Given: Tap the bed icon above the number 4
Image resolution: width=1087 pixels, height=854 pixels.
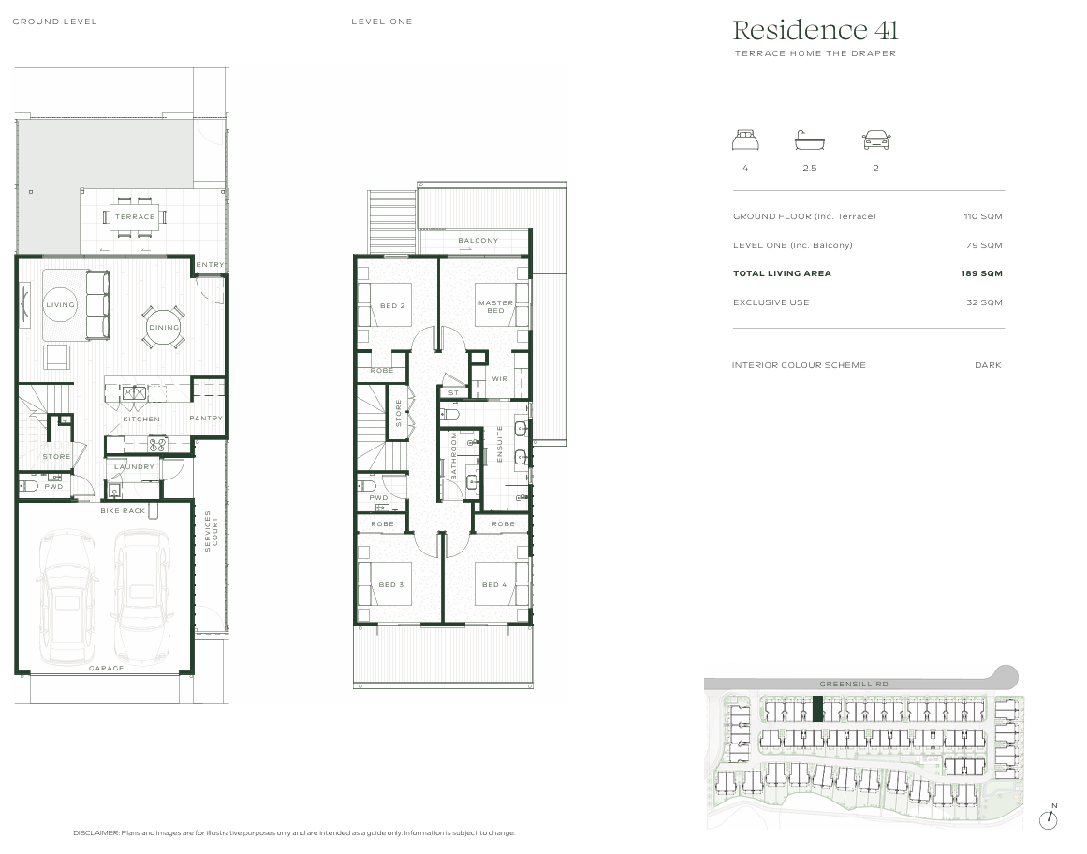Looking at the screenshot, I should (745, 140).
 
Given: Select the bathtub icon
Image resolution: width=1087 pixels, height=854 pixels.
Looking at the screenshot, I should (810, 141).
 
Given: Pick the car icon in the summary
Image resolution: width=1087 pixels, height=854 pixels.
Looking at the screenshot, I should (876, 140).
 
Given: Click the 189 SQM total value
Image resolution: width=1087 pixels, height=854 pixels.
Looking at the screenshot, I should (984, 273).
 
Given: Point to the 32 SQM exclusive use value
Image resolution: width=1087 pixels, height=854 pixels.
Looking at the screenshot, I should (984, 302).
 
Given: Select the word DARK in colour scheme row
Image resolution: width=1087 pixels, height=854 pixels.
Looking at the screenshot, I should (988, 365).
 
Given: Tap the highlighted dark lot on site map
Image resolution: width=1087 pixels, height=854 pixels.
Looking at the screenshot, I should (816, 709).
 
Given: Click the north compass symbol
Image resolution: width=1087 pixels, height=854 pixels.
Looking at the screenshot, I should (1050, 819).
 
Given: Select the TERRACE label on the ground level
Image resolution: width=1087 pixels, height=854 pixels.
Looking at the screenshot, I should (135, 216).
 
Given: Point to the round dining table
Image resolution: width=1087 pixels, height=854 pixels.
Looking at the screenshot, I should (164, 327).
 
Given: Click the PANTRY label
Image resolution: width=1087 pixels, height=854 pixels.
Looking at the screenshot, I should (206, 419).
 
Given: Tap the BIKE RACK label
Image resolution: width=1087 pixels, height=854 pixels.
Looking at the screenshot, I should (123, 511).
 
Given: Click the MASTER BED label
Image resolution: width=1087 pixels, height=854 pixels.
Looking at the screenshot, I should (495, 306).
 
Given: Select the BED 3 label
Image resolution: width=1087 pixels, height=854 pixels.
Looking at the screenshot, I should (391, 585).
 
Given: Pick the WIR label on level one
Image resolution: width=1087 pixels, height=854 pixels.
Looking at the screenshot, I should (500, 378).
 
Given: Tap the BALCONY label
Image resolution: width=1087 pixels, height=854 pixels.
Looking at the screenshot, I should (478, 241).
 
